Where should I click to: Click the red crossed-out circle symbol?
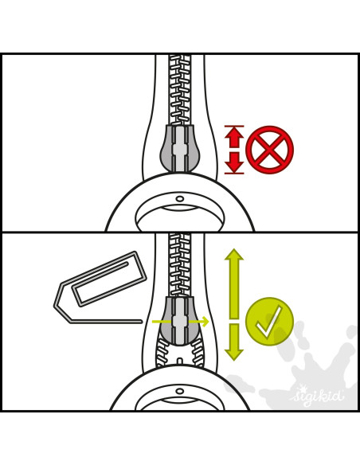pyautogui.click(x=269, y=150)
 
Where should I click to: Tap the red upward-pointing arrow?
pyautogui.click(x=234, y=137)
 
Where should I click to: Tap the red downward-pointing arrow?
pyautogui.click(x=234, y=162)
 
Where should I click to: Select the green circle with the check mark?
pyautogui.click(x=269, y=322)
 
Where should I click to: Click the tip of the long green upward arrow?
pyautogui.click(x=234, y=249)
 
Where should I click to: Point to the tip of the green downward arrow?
pyautogui.click(x=234, y=361)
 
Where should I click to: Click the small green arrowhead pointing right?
pyautogui.click(x=205, y=321)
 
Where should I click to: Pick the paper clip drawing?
pyautogui.click(x=100, y=287)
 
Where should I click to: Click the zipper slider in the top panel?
pyautogui.click(x=180, y=148)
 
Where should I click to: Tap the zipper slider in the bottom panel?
pyautogui.click(x=180, y=321)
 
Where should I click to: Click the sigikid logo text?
pyautogui.click(x=317, y=396)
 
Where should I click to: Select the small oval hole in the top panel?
pyautogui.click(x=180, y=198)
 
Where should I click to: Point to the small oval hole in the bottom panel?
pyautogui.click(x=180, y=391)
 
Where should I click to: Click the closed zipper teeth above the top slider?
pyautogui.click(x=180, y=90)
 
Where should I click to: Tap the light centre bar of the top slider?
pyautogui.click(x=180, y=149)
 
